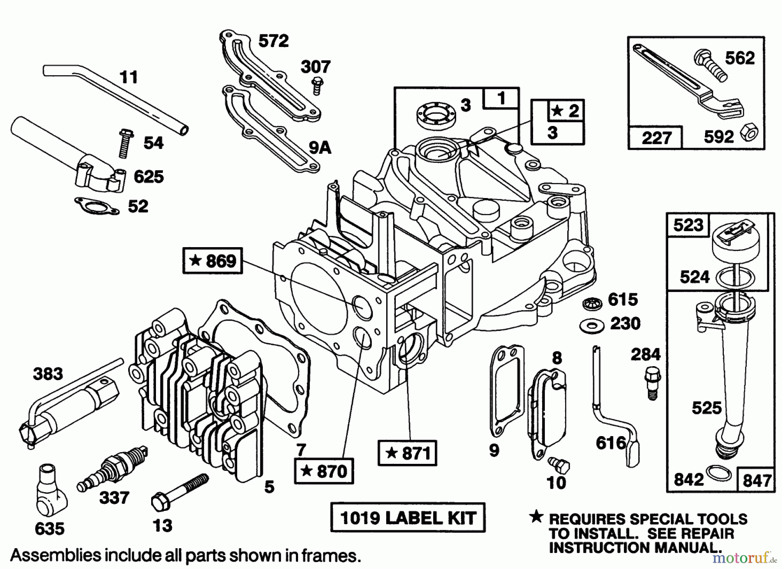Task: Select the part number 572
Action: [x=273, y=41]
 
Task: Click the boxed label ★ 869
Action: [x=212, y=261]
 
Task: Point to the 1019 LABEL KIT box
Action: [x=408, y=518]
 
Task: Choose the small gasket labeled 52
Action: [x=97, y=206]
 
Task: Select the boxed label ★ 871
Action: [x=407, y=453]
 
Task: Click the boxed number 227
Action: [x=656, y=138]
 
